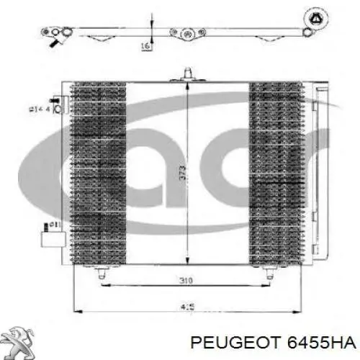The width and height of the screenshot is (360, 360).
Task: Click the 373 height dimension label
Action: (x=183, y=173)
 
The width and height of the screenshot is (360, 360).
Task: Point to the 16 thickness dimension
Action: (x=145, y=45)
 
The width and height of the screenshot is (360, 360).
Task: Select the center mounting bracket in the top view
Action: (x=186, y=32)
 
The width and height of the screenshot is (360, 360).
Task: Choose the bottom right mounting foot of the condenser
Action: (x=269, y=271)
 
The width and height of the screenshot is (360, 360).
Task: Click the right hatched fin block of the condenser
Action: (x=276, y=173)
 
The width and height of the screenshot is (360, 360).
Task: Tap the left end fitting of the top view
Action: (x=57, y=32)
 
